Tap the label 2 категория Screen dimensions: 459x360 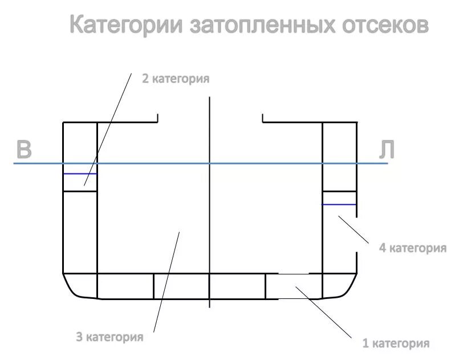tap(175, 79)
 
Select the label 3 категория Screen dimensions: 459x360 tap(109, 337)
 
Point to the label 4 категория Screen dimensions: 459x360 tap(412, 248)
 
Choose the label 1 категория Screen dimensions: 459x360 tap(396, 343)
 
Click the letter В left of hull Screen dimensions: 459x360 tap(23, 149)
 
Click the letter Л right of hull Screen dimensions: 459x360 tap(387, 149)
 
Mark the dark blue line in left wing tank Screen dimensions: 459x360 tap(80, 173)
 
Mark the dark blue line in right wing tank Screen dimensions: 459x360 tap(339, 204)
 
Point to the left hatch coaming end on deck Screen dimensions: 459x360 tap(157, 119)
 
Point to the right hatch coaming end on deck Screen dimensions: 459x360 tap(263, 119)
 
